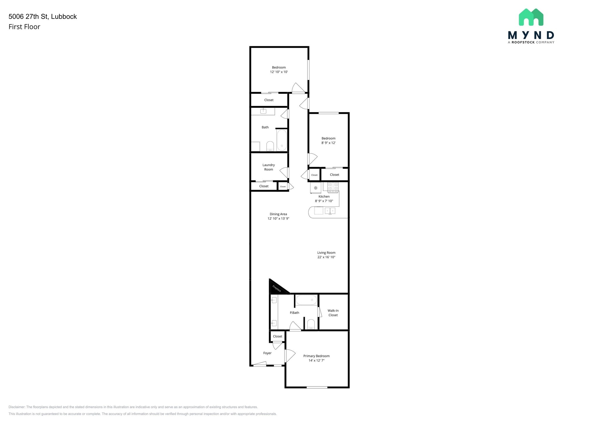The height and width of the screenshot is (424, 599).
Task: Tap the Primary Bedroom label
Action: (316, 356)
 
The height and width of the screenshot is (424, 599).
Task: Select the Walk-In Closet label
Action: (333, 313)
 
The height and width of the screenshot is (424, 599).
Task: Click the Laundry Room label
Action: (268, 167)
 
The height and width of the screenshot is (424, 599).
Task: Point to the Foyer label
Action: (267, 353)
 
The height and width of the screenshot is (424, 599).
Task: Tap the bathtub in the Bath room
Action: (282, 140)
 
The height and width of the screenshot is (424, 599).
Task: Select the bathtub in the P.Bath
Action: (306, 300)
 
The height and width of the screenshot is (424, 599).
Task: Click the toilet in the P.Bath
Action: (311, 324)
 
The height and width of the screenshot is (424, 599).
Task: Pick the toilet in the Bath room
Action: (270, 146)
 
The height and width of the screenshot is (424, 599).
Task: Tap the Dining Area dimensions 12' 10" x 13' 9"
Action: (278, 219)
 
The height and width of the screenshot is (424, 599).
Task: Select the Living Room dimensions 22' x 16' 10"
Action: (326, 257)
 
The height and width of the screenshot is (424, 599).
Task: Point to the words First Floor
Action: (24, 27)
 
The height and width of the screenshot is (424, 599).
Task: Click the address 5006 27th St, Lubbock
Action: (43, 17)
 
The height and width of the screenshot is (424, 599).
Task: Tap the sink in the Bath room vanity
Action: (263, 111)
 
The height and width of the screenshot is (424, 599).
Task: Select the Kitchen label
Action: (324, 196)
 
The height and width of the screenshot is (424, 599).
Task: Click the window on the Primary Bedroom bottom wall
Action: (317, 387)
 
